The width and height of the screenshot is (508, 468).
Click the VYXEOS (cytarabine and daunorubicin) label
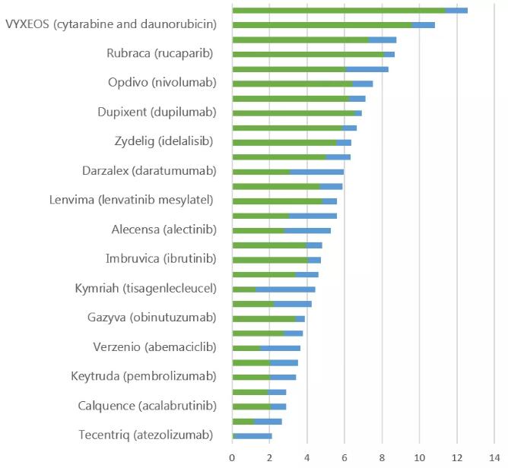[x=111, y=24]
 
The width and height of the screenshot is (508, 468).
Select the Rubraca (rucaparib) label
[x=159, y=53]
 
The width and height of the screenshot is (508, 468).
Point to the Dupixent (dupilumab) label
[x=157, y=112]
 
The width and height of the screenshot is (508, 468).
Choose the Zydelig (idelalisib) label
[x=162, y=141]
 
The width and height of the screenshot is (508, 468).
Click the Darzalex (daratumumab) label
[x=149, y=170]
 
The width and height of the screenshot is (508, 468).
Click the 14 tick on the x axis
[x=494, y=457]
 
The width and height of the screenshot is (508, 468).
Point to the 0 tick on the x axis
[x=232, y=457]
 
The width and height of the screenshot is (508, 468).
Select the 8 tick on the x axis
[x=382, y=457]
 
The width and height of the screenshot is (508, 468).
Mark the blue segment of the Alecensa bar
[x=307, y=230]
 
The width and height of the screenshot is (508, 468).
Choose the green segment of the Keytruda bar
[x=251, y=377]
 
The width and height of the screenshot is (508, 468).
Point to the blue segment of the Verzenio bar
[x=280, y=347]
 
